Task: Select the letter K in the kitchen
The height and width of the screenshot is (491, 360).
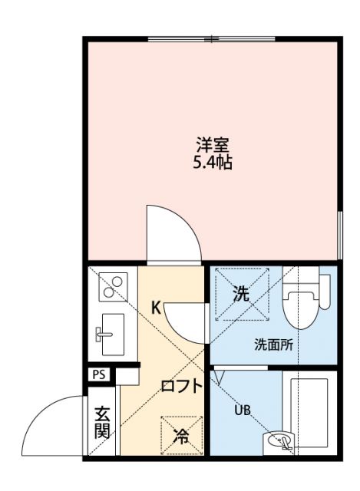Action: pyautogui.click(x=155, y=308)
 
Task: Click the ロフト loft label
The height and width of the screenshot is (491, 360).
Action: pyautogui.click(x=181, y=387)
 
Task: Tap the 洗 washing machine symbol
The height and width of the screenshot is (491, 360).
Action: pyautogui.click(x=241, y=294)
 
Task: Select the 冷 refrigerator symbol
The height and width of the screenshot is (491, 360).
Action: pyautogui.click(x=182, y=437)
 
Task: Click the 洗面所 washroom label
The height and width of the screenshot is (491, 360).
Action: pyautogui.click(x=273, y=344)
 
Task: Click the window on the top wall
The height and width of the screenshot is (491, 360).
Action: pyautogui.click(x=211, y=38)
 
